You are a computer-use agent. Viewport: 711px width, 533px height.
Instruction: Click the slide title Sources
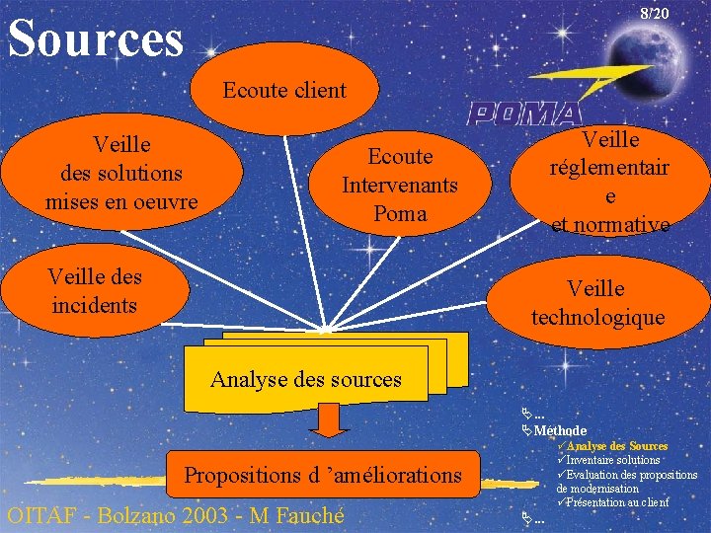pos(96,38)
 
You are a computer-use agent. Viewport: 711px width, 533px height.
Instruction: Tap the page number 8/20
pos(654,14)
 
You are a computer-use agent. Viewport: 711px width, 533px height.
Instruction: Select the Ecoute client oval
pos(284,90)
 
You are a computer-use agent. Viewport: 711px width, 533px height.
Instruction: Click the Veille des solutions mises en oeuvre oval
pos(120,173)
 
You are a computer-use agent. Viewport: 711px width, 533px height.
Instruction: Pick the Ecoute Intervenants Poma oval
pos(399,185)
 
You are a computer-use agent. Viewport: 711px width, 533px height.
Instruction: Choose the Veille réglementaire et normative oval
pos(610,183)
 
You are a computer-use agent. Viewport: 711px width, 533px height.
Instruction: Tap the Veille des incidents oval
pos(93,290)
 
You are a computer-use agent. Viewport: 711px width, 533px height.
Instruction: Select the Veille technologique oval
pos(597,302)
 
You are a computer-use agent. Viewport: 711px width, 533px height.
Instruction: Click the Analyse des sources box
pos(306,378)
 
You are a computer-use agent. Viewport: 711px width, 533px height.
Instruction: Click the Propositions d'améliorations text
pos(323,475)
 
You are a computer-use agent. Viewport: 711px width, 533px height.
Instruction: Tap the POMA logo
pos(524,113)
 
